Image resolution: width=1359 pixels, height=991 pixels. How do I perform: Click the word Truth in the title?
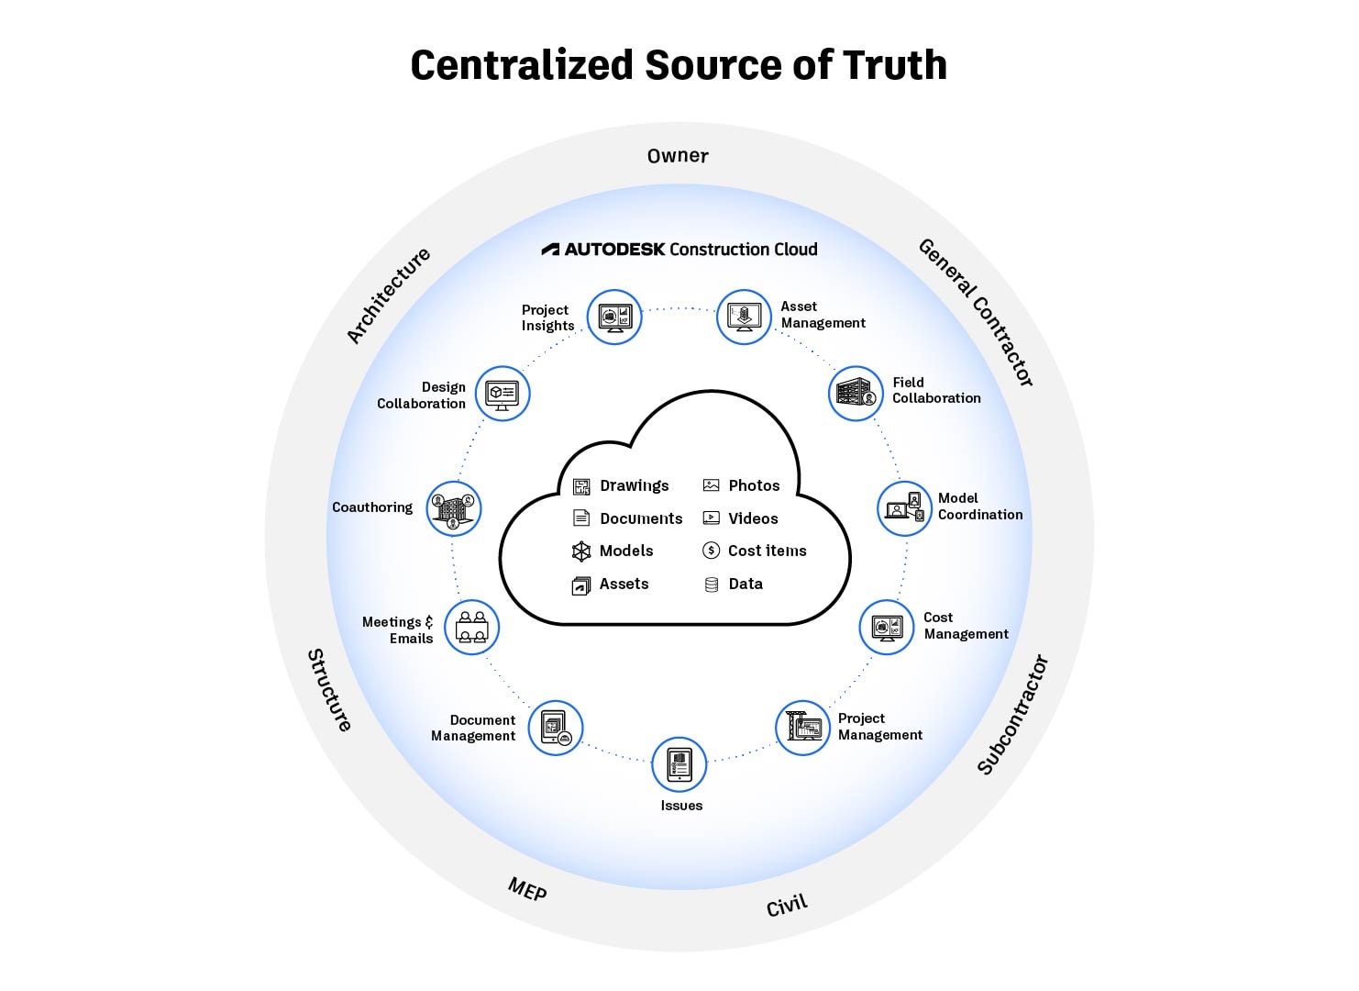coord(894,65)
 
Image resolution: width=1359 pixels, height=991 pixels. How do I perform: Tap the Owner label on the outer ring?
coord(678,156)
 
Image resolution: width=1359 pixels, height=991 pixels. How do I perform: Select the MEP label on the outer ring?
coord(527,888)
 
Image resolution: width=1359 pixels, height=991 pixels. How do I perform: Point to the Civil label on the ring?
coord(787,905)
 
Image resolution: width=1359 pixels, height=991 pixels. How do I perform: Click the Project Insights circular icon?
coord(614,317)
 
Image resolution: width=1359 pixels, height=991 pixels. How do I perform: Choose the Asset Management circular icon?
coord(744,317)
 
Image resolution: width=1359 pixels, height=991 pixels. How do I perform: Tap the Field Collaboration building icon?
coord(856,394)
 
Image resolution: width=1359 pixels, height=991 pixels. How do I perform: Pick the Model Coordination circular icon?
coord(905,508)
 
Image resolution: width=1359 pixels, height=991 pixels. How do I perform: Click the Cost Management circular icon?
coord(887,628)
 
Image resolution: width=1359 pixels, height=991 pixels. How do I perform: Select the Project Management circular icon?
coord(803,728)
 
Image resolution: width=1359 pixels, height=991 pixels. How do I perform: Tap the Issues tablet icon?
coord(679,764)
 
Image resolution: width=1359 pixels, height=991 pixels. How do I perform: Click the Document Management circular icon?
coord(556,728)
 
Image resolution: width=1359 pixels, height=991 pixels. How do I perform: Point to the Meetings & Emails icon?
coord(471,628)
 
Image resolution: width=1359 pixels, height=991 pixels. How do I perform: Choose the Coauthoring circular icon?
coord(454,508)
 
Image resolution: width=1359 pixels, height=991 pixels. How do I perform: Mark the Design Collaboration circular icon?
coord(503,394)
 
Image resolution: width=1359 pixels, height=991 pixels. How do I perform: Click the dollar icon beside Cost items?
coord(711,551)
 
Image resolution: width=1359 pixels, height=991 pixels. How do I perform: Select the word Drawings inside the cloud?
coord(635,485)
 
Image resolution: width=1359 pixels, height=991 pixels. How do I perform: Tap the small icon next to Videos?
coord(711,518)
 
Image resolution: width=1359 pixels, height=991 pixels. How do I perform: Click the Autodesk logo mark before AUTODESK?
coord(550,250)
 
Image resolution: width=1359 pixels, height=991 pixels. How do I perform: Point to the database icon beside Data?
coord(711,584)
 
